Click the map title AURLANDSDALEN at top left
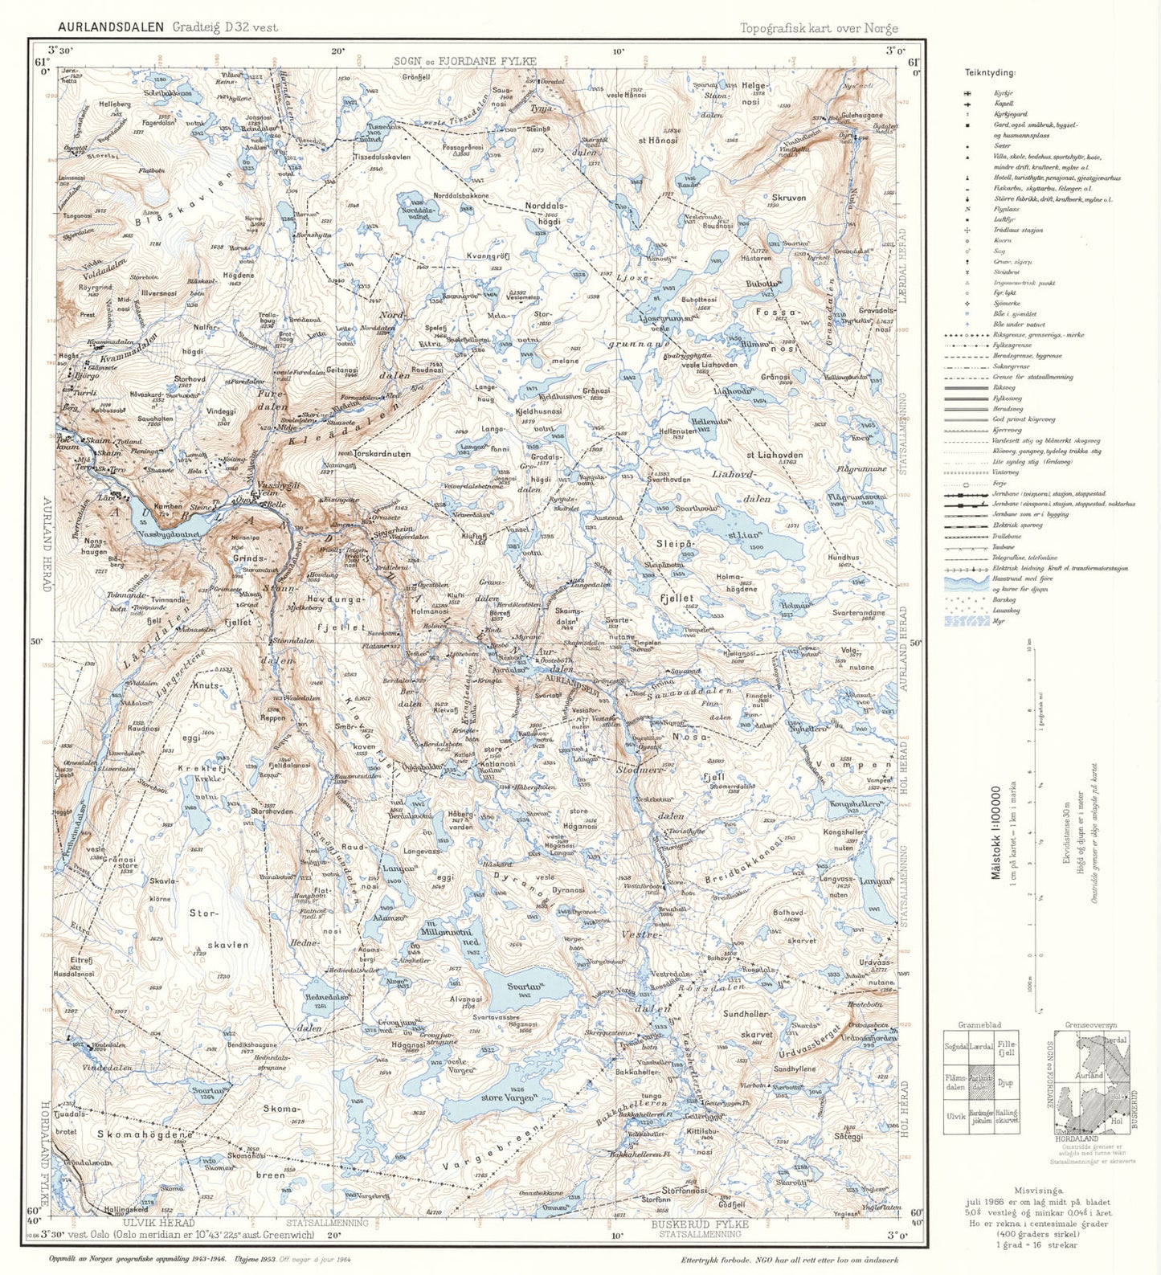point(111,27)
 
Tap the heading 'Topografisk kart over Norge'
point(819,28)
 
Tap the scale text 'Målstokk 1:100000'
point(996,833)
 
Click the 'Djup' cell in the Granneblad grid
point(1005,1082)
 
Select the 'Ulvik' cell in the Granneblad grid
point(955,1116)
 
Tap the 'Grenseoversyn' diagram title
point(1090,1025)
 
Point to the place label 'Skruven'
point(788,197)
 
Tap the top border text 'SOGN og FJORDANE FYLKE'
point(464,61)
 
